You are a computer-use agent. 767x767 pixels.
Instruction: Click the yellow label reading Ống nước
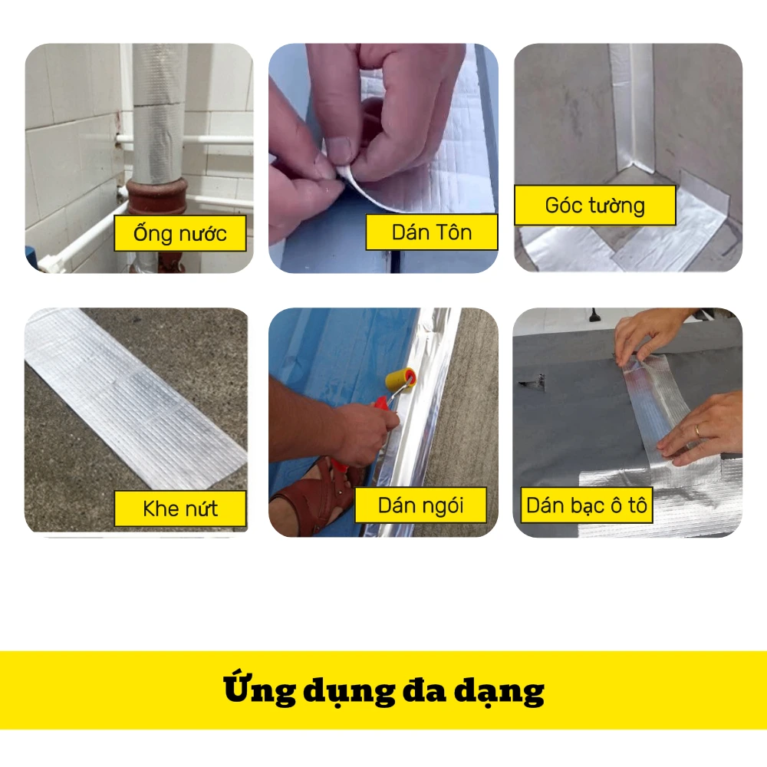tap(180, 233)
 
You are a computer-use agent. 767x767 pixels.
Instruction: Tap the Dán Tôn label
tap(432, 232)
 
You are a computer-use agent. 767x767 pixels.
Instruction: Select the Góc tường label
tap(595, 206)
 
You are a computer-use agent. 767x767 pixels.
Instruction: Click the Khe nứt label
tap(180, 509)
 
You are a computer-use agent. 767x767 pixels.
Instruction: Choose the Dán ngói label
tap(420, 505)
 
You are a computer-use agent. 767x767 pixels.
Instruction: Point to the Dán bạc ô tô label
tap(587, 505)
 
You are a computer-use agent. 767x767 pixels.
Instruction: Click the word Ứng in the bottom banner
tap(259, 690)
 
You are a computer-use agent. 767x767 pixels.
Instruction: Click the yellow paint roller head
tap(401, 379)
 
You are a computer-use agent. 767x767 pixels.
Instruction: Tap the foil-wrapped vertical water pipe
tap(157, 113)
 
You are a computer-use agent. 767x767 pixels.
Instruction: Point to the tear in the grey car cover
tap(534, 381)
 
